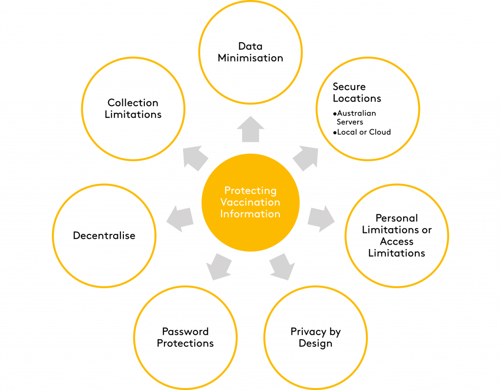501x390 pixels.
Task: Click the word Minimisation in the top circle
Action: coord(250,58)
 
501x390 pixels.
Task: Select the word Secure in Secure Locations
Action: coord(349,87)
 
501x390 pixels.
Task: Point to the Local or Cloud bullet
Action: coord(363,132)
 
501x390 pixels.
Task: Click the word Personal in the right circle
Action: coord(396,218)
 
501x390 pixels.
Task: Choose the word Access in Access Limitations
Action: coord(396,241)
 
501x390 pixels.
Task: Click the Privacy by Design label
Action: coord(315,337)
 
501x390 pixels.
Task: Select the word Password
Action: coord(185,331)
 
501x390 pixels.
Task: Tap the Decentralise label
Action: coord(104,235)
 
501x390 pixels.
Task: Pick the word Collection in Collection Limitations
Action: coord(133,103)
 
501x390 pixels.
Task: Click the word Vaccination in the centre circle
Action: coord(250,202)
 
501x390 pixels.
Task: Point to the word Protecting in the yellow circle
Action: coord(250,190)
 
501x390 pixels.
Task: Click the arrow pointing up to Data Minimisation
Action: coord(250,130)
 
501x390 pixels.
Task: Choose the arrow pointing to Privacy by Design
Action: coord(282,267)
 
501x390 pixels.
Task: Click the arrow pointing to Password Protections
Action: coord(218,267)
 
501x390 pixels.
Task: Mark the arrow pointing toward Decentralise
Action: coord(180,219)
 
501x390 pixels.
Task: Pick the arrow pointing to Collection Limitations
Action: coord(196,158)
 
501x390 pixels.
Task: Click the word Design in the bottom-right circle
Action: coord(315,343)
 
